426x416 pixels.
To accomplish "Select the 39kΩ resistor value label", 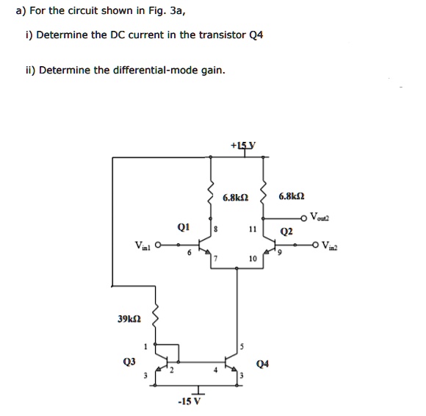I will pyautogui.click(x=130, y=318).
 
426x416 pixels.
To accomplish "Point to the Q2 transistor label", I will pyautogui.click(x=286, y=231).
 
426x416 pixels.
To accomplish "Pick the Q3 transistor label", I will pyautogui.click(x=129, y=361).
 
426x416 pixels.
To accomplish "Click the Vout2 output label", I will pyautogui.click(x=324, y=216).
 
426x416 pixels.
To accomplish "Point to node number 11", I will pyautogui.click(x=251, y=230).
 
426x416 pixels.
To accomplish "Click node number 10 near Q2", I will pyautogui.click(x=252, y=259).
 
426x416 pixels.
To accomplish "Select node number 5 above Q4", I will pyautogui.click(x=240, y=345).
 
